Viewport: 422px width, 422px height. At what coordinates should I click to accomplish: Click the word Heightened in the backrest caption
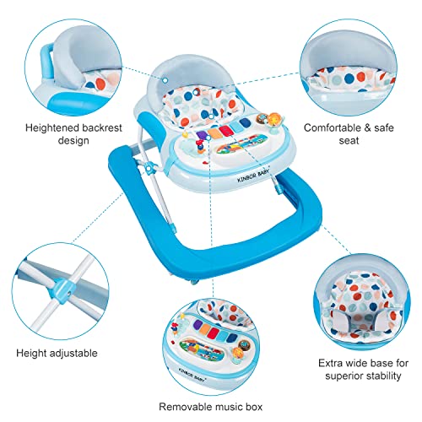coord(50,128)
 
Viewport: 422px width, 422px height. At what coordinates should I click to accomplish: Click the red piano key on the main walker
coord(225,130)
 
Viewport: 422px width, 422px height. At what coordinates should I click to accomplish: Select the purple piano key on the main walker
coord(202,135)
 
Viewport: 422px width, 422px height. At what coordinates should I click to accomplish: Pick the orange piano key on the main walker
coord(214,133)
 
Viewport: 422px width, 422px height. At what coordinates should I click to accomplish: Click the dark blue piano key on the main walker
coord(244,123)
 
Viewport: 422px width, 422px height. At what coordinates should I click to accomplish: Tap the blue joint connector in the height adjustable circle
coord(62,289)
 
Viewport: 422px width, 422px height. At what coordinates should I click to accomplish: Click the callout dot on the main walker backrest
coord(165,80)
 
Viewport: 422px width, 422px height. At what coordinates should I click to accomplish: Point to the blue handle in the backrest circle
coord(46,61)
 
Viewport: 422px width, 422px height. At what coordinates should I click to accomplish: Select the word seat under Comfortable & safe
coord(349,140)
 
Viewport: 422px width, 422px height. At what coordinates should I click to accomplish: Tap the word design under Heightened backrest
coord(73,140)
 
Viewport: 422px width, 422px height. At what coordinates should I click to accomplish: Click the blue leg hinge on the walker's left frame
coord(149,168)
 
